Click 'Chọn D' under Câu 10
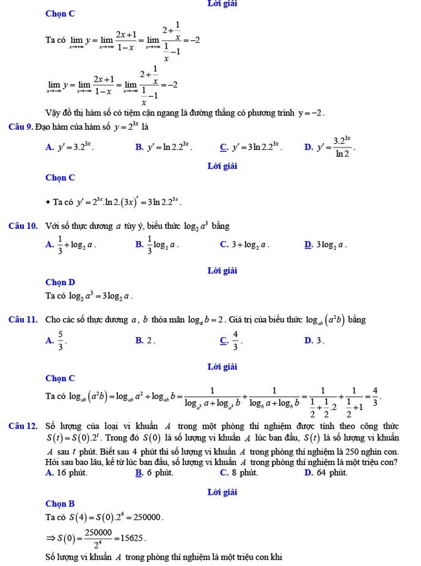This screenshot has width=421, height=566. click(60, 282)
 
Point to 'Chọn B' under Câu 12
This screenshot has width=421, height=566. click(60, 503)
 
